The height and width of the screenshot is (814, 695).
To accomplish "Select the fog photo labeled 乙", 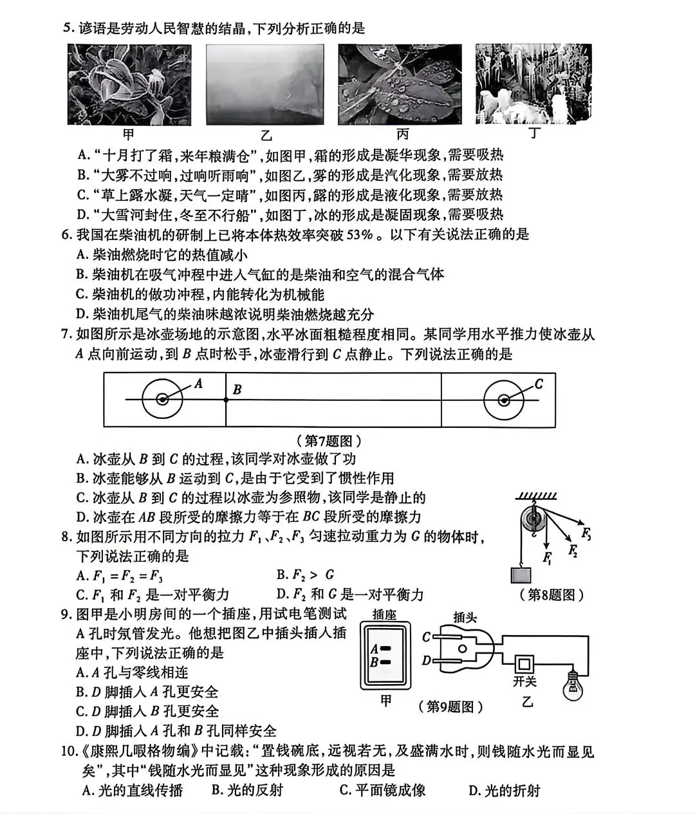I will pyautogui.click(x=264, y=85).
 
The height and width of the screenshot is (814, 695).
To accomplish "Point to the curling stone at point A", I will pyautogui.click(x=162, y=400).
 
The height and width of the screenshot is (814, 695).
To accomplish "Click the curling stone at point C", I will pyautogui.click(x=504, y=400).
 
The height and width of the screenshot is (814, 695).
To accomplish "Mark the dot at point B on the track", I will pyautogui.click(x=226, y=400).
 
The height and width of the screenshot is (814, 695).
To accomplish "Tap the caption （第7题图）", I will pyautogui.click(x=329, y=441).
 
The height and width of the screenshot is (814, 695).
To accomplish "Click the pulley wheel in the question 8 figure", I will pyautogui.click(x=533, y=519).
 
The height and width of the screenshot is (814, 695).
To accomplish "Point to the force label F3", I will pyautogui.click(x=586, y=533).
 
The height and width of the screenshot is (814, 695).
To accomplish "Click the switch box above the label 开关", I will pyautogui.click(x=524, y=662).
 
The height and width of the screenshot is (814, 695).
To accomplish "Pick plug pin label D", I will pyautogui.click(x=426, y=660).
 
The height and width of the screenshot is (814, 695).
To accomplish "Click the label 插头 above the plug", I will pyautogui.click(x=465, y=618).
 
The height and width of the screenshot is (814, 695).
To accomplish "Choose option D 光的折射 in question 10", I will pyautogui.click(x=504, y=790).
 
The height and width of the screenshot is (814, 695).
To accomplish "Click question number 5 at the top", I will pyautogui.click(x=66, y=28).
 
